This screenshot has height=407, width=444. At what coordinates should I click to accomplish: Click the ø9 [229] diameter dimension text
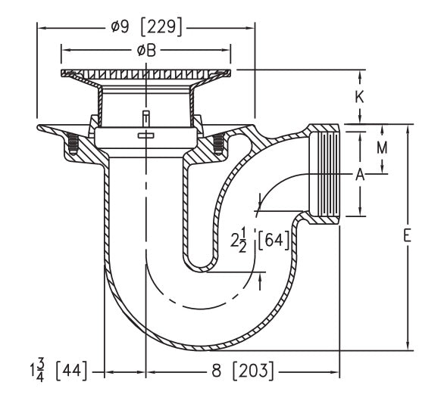click(x=145, y=27)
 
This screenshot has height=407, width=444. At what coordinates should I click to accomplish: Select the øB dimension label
click(x=146, y=51)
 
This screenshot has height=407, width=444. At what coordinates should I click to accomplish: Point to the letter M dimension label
click(x=383, y=148)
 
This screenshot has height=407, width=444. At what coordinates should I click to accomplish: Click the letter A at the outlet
click(x=360, y=175)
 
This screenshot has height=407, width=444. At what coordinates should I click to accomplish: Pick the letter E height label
click(x=407, y=237)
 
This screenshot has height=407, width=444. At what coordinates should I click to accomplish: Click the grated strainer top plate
click(x=146, y=76)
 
